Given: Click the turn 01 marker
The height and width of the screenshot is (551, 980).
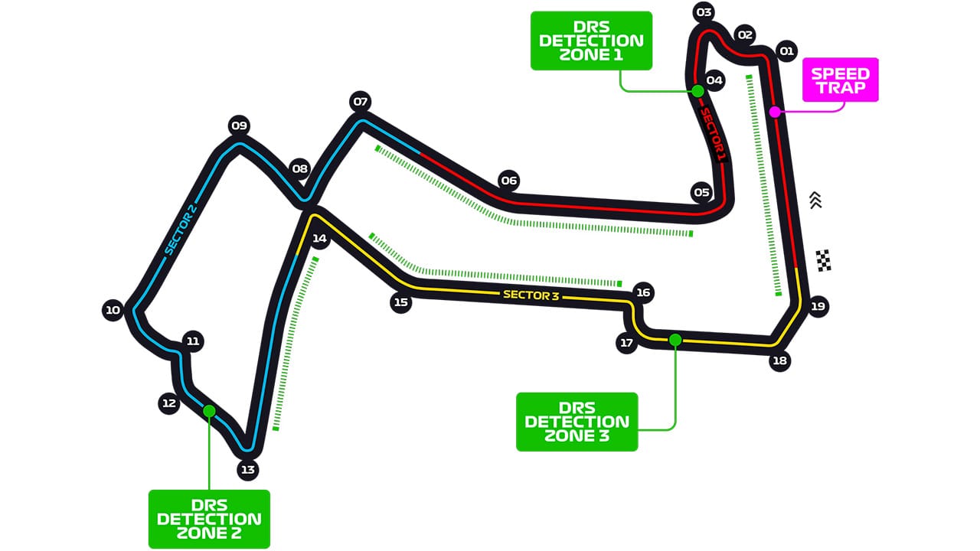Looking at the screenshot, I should pyautogui.click(x=786, y=51).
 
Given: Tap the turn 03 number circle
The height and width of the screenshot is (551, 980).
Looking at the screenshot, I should pyautogui.click(x=704, y=12).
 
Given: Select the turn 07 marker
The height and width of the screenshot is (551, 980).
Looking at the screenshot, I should pyautogui.click(x=360, y=101).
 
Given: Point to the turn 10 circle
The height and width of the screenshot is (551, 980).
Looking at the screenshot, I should pyautogui.click(x=113, y=310).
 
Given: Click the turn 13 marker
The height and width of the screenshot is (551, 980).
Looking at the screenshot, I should pyautogui.click(x=247, y=470).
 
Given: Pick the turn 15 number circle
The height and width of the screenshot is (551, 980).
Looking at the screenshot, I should pyautogui.click(x=400, y=302).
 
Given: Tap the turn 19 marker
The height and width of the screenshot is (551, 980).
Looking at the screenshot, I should pyautogui.click(x=818, y=306).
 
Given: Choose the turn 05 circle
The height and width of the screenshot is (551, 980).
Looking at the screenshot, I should pyautogui.click(x=701, y=192).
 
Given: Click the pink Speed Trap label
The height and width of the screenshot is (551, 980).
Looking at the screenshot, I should pyautogui.click(x=840, y=80).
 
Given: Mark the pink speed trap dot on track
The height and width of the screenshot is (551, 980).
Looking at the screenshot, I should pyautogui.click(x=775, y=112).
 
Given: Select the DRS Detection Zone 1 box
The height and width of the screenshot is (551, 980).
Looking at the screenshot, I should pyautogui.click(x=591, y=41).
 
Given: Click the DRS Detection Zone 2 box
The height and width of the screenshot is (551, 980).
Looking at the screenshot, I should pyautogui.click(x=209, y=519).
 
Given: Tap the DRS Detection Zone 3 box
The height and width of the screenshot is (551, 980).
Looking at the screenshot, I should pyautogui.click(x=577, y=422).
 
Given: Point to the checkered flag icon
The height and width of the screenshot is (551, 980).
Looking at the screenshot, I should pyautogui.click(x=823, y=260).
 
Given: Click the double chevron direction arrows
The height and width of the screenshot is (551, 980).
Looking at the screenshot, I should pyautogui.click(x=815, y=200).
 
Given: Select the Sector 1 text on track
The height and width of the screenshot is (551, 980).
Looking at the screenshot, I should pyautogui.click(x=712, y=134).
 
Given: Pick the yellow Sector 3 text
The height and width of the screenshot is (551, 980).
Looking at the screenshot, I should pyautogui.click(x=532, y=295).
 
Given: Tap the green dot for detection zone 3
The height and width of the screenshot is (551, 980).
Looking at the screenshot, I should pyautogui.click(x=675, y=340).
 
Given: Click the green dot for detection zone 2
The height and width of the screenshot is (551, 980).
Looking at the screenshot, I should pyautogui.click(x=209, y=411).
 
